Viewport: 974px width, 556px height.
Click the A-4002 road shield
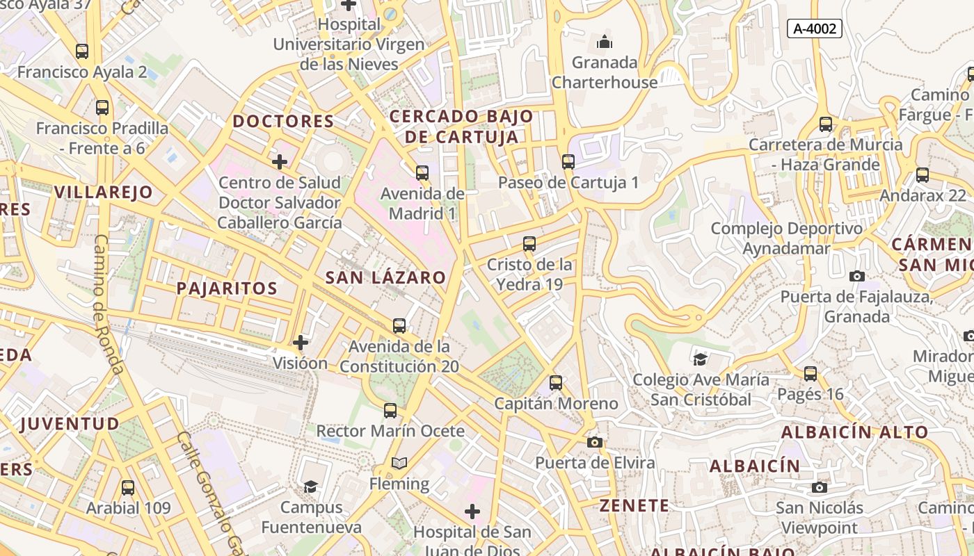pos(815,28)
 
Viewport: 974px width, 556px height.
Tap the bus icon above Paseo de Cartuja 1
pos(568,162)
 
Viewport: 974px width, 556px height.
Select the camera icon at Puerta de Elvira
pos(594,442)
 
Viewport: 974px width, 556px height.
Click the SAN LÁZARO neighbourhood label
pos(385,277)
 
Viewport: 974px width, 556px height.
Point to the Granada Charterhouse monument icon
pos(605,42)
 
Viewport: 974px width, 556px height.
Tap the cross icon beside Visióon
pos(300,343)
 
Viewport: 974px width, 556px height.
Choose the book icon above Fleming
pos(399,463)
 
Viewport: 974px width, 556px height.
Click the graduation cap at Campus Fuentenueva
pos(310,486)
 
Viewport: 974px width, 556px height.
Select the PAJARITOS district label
pos(227,288)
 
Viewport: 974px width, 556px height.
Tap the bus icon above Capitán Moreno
pos(555,383)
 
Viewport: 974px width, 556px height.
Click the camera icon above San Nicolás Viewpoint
pos(820,487)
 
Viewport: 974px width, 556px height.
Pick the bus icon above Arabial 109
pos(128,487)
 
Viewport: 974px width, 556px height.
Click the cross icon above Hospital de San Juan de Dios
pos(472,512)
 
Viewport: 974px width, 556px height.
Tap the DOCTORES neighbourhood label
pos(283,122)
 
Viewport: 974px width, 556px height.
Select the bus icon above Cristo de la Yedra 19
pos(529,244)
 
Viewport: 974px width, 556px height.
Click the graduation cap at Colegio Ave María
pos(700,359)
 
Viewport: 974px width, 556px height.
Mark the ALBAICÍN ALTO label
pos(854,432)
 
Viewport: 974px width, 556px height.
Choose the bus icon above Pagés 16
pos(811,374)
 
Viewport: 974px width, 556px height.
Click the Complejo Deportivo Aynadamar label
pos(786,238)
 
